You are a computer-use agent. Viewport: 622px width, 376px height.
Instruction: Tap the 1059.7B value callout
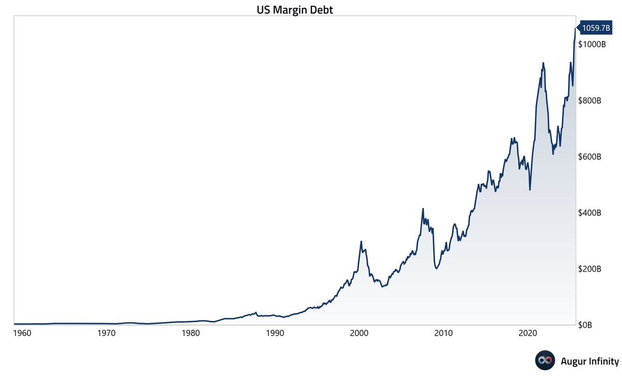(596, 28)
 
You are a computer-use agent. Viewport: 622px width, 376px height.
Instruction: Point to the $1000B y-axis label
(592, 45)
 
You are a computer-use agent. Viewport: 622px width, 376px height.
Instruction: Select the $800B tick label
(590, 101)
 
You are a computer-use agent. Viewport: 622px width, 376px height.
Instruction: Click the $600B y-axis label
(590, 157)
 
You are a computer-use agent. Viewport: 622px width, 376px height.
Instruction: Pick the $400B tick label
(590, 213)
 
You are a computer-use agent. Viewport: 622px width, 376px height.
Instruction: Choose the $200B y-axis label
(590, 269)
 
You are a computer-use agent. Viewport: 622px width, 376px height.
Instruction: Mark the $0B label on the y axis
(586, 325)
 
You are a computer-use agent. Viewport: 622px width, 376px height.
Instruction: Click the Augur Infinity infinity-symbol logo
(545, 361)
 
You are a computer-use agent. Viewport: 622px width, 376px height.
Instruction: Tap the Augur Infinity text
(590, 361)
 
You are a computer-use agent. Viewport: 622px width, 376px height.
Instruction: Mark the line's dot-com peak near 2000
(361, 242)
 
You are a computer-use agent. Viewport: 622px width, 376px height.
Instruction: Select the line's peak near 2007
(423, 209)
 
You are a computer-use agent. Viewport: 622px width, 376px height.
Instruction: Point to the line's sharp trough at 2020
(530, 189)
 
